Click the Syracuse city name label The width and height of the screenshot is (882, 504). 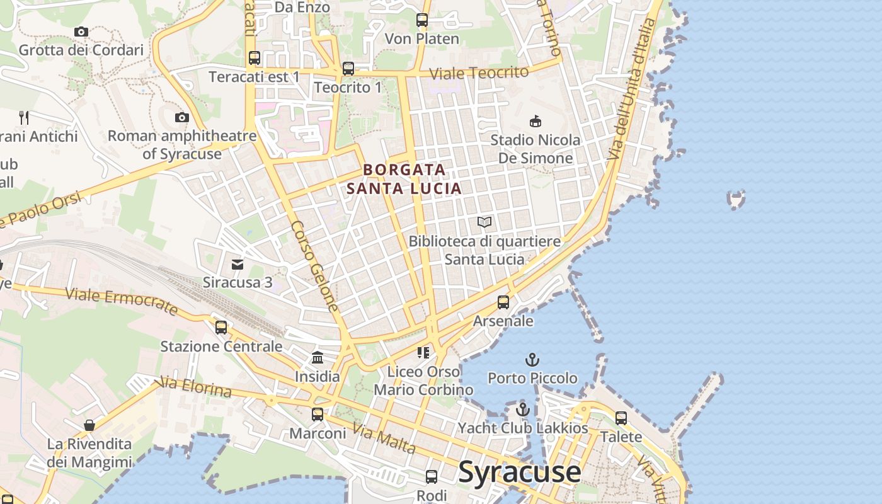click(x=520, y=472)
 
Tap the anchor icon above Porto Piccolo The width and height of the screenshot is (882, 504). click(x=532, y=360)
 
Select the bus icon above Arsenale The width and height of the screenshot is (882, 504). click(x=503, y=302)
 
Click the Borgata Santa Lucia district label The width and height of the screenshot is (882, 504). click(x=404, y=179)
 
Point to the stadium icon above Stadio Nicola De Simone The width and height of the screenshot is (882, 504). click(x=535, y=121)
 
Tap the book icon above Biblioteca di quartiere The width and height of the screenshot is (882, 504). click(x=484, y=222)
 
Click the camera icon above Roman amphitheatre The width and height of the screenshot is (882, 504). click(x=182, y=117)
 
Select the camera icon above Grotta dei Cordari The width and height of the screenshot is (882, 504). click(x=81, y=31)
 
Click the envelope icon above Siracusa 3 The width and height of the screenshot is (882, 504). click(x=238, y=264)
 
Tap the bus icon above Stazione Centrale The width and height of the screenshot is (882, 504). click(x=221, y=328)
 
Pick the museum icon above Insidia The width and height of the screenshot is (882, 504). click(x=318, y=358)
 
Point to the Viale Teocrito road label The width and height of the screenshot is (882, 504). click(x=479, y=73)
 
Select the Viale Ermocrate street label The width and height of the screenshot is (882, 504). click(x=122, y=301)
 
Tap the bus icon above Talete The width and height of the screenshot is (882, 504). click(x=621, y=418)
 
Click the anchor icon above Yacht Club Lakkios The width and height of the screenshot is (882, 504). click(x=522, y=409)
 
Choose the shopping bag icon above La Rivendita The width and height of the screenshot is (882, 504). click(x=89, y=425)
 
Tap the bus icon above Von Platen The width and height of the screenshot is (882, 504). click(x=422, y=20)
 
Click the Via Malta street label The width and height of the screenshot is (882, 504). click(x=384, y=439)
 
